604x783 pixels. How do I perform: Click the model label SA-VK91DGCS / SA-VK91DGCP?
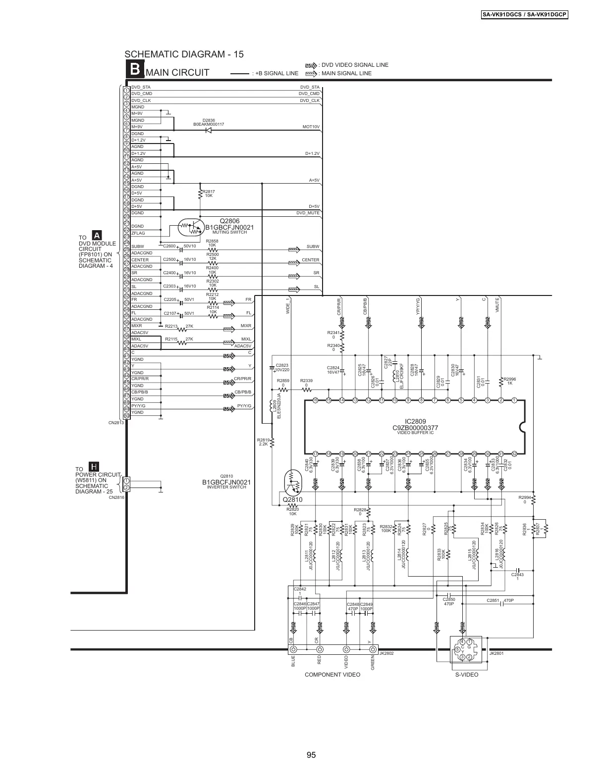[x=525, y=15]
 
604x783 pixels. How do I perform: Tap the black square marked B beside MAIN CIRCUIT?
[x=134, y=70]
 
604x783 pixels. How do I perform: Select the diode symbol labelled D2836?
[x=209, y=130]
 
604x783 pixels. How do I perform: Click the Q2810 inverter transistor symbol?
[x=293, y=484]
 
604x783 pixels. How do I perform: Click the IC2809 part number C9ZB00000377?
[x=415, y=428]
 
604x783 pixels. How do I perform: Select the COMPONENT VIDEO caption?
[x=332, y=675]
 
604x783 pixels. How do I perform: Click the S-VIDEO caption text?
[x=467, y=675]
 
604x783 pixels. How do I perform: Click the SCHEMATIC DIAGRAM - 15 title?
[x=184, y=54]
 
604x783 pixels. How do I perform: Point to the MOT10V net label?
[x=311, y=127]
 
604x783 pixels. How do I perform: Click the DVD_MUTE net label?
[x=308, y=213]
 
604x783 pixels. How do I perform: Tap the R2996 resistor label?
[x=509, y=381]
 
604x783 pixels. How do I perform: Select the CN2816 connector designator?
[x=116, y=497]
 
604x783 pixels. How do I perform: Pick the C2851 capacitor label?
[x=493, y=600]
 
